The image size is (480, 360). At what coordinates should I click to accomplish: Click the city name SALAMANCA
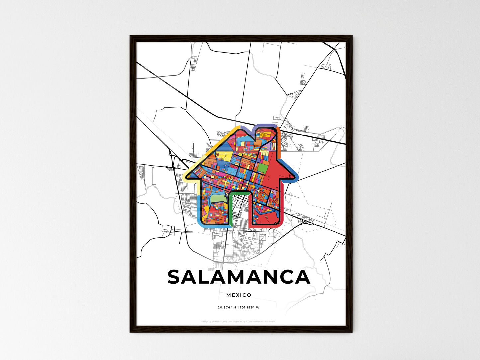pos(239,277)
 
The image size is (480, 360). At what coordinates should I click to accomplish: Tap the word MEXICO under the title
pos(239,295)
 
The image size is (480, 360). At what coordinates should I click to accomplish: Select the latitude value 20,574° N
pos(227,307)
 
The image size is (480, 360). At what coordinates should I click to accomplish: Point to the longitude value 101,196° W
pos(249,307)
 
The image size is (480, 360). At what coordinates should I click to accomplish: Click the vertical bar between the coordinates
pos(238,307)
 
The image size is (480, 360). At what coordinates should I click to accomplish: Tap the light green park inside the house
pos(218,199)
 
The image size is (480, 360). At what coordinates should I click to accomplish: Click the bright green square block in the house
pos(262,168)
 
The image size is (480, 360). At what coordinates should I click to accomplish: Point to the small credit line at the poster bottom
pos(239,321)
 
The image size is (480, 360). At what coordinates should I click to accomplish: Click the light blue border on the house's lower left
pos(200,213)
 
